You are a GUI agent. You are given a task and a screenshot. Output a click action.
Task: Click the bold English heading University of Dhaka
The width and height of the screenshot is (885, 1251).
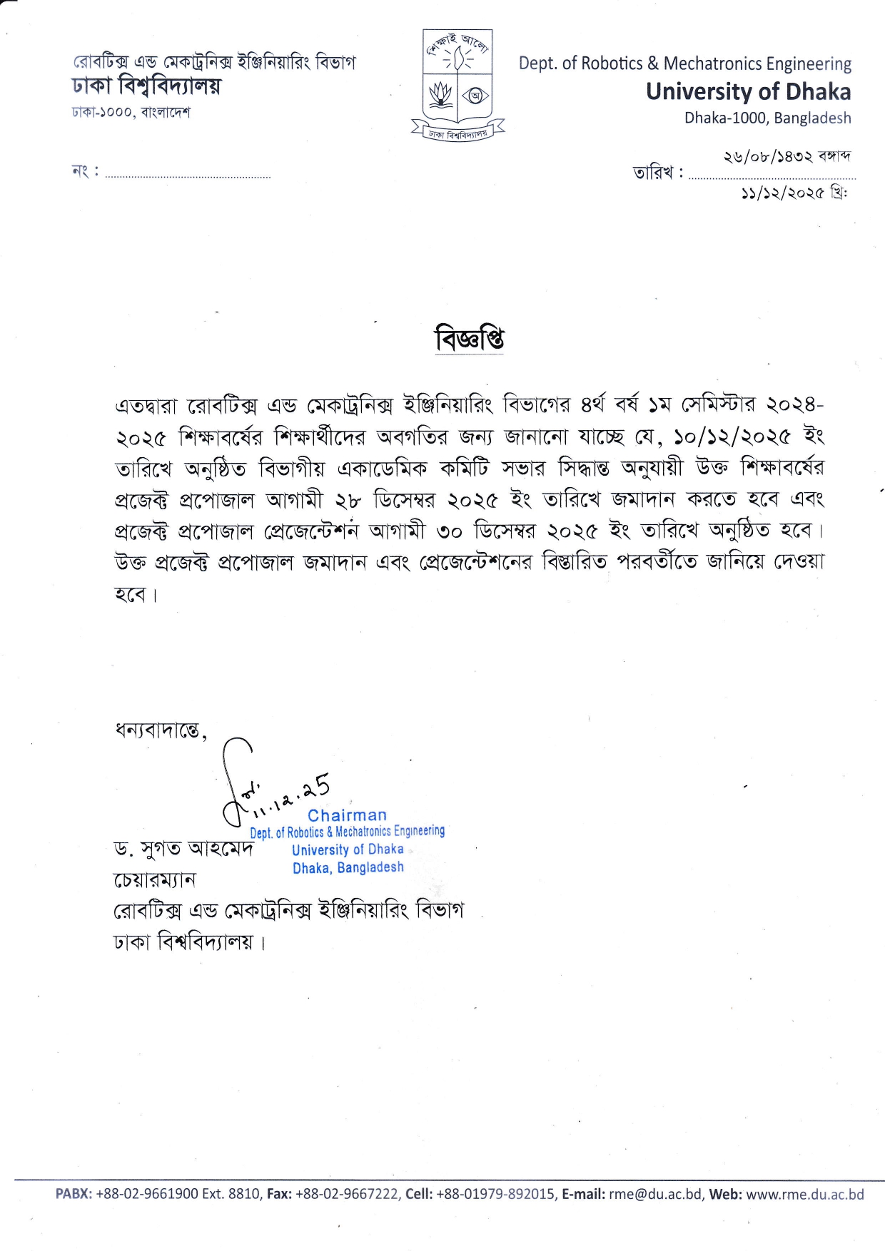click(748, 92)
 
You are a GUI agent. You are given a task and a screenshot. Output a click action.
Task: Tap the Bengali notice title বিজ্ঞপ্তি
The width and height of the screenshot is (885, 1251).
click(470, 339)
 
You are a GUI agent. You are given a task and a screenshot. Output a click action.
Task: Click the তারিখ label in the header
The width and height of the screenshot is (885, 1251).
click(653, 173)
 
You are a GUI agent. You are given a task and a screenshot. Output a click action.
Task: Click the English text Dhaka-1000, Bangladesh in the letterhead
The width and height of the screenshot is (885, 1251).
click(767, 118)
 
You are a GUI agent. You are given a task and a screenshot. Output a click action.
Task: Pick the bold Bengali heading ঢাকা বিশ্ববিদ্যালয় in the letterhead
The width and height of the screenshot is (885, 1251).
click(146, 87)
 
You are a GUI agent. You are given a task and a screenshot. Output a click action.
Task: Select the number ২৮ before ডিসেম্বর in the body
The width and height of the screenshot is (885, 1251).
click(348, 500)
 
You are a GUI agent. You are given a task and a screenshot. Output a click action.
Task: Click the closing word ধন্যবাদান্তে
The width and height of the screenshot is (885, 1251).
click(159, 730)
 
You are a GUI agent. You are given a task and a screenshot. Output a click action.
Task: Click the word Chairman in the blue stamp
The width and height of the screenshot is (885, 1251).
click(347, 815)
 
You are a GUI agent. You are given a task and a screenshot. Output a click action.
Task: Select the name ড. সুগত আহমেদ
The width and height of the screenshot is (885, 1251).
click(183, 849)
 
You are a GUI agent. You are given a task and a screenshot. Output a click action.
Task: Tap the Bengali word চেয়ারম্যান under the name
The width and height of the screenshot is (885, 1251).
click(155, 880)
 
